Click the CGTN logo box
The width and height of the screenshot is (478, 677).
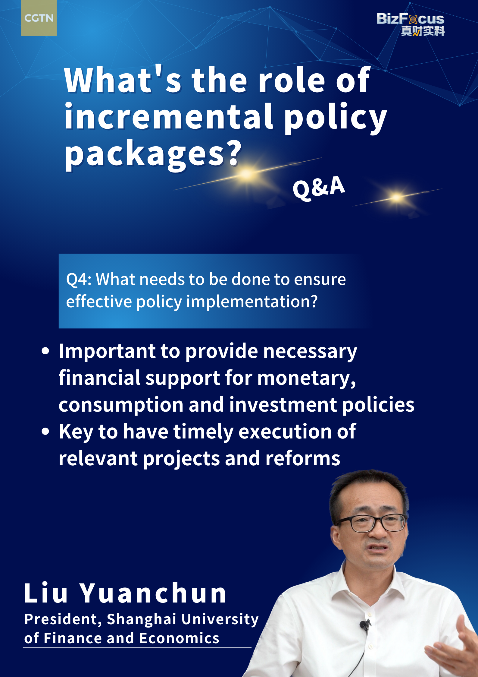pyautogui.click(x=39, y=18)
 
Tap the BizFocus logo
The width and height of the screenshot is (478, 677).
pyautogui.click(x=411, y=24)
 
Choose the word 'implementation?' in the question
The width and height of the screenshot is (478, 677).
pyautogui.click(x=252, y=301)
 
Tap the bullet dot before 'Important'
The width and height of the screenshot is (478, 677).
pyautogui.click(x=45, y=351)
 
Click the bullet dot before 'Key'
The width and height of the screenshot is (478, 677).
pyautogui.click(x=45, y=432)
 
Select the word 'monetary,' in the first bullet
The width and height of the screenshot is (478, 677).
pyautogui.click(x=307, y=378)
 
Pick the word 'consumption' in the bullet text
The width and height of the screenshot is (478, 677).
pyautogui.click(x=121, y=405)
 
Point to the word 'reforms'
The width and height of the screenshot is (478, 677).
pyautogui.click(x=303, y=458)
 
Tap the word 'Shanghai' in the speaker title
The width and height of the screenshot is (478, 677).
pyautogui.click(x=142, y=619)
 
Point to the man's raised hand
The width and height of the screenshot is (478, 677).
pyautogui.click(x=455, y=645)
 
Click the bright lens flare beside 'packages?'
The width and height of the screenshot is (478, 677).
pyautogui.click(x=247, y=174)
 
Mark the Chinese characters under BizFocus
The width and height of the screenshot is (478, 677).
pyautogui.click(x=423, y=31)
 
